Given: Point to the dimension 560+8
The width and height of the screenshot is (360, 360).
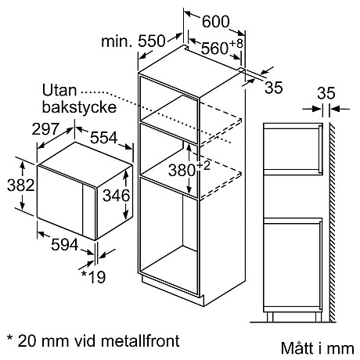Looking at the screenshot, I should (221, 49).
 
